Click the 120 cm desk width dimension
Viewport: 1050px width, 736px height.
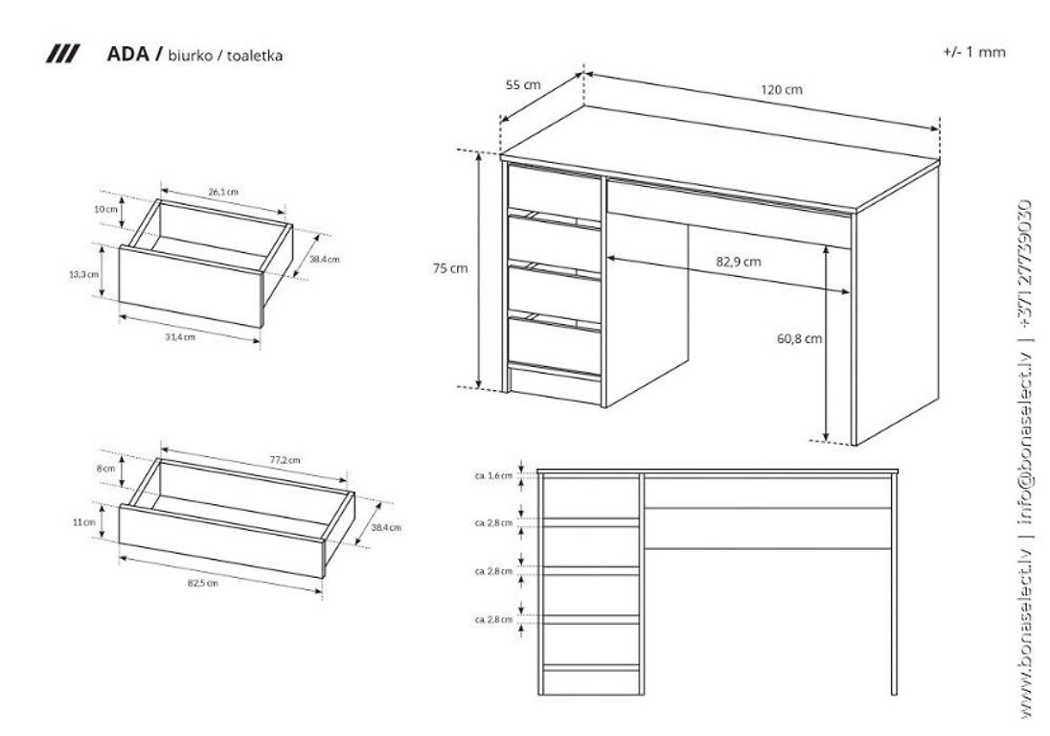[781, 90]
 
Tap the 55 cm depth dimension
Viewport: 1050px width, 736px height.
[522, 85]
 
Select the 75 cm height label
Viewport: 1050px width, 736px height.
[450, 268]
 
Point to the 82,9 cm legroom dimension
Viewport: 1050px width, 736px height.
[738, 262]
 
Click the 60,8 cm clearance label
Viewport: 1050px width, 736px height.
[799, 339]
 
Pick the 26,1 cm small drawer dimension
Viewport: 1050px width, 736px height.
[223, 193]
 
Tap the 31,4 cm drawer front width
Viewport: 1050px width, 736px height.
[180, 337]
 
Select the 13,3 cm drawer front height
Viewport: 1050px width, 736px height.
[83, 275]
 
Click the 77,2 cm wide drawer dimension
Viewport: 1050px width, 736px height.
[285, 460]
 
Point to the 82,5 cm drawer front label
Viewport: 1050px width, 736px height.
[203, 584]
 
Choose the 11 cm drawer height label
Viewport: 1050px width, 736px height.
[84, 522]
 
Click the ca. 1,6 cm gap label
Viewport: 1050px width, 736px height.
[493, 476]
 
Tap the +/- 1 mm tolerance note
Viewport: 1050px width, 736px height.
[974, 53]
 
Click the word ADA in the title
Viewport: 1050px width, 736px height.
[127, 55]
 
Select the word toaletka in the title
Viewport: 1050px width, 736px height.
[255, 56]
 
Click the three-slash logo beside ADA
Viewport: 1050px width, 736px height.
[63, 55]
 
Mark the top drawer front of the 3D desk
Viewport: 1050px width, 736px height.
[555, 193]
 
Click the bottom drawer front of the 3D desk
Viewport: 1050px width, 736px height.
[555, 346]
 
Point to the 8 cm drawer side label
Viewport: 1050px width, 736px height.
[105, 469]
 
